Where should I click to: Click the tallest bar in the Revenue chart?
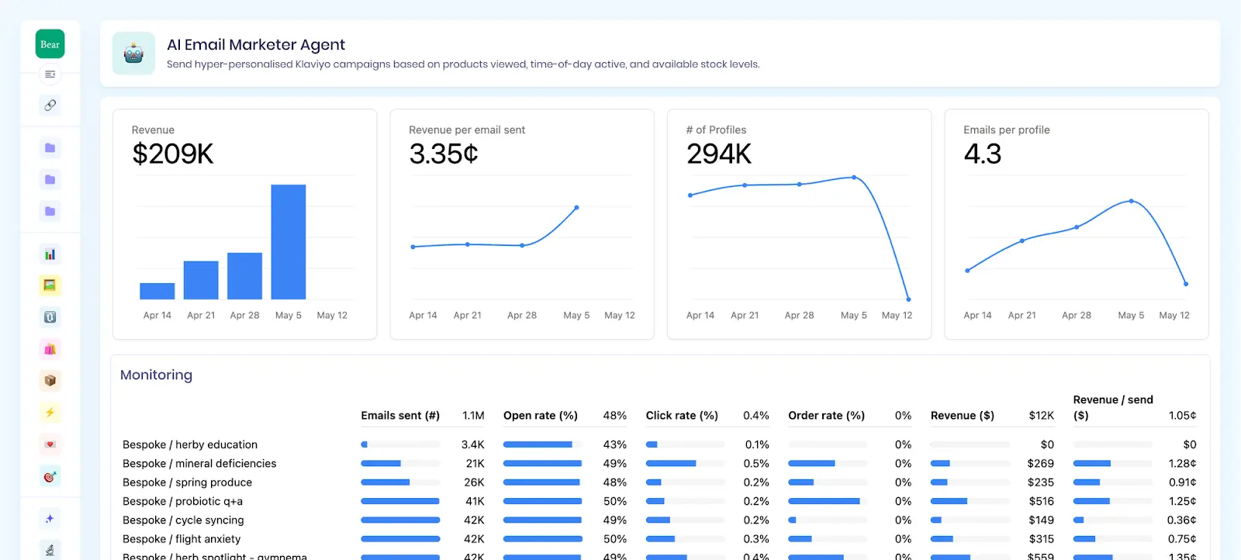click(288, 241)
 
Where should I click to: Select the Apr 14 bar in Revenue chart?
click(157, 291)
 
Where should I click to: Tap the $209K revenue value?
click(172, 154)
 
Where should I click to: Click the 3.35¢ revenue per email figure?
click(443, 154)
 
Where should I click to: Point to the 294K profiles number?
click(718, 154)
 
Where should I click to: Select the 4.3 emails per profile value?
click(982, 154)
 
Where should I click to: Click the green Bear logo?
click(50, 44)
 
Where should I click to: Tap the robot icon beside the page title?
click(133, 54)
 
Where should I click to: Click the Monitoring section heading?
click(156, 375)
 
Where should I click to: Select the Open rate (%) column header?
click(540, 416)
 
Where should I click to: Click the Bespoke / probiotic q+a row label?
click(182, 501)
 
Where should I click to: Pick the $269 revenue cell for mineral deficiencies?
click(1040, 463)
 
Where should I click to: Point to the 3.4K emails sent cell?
click(472, 444)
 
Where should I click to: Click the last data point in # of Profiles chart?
click(908, 299)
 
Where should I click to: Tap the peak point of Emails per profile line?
click(1131, 201)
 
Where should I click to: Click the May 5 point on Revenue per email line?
click(576, 208)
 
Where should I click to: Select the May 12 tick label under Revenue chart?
click(332, 316)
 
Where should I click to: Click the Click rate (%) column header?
click(682, 416)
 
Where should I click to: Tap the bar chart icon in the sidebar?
click(50, 254)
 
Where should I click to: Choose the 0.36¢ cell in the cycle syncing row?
click(1181, 520)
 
